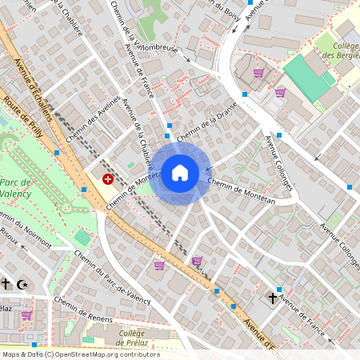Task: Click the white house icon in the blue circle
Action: point(180,172)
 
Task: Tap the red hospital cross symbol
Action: point(107,180)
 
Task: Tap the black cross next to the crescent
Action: point(6,284)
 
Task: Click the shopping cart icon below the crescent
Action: point(26,315)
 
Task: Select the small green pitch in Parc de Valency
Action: point(83,238)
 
